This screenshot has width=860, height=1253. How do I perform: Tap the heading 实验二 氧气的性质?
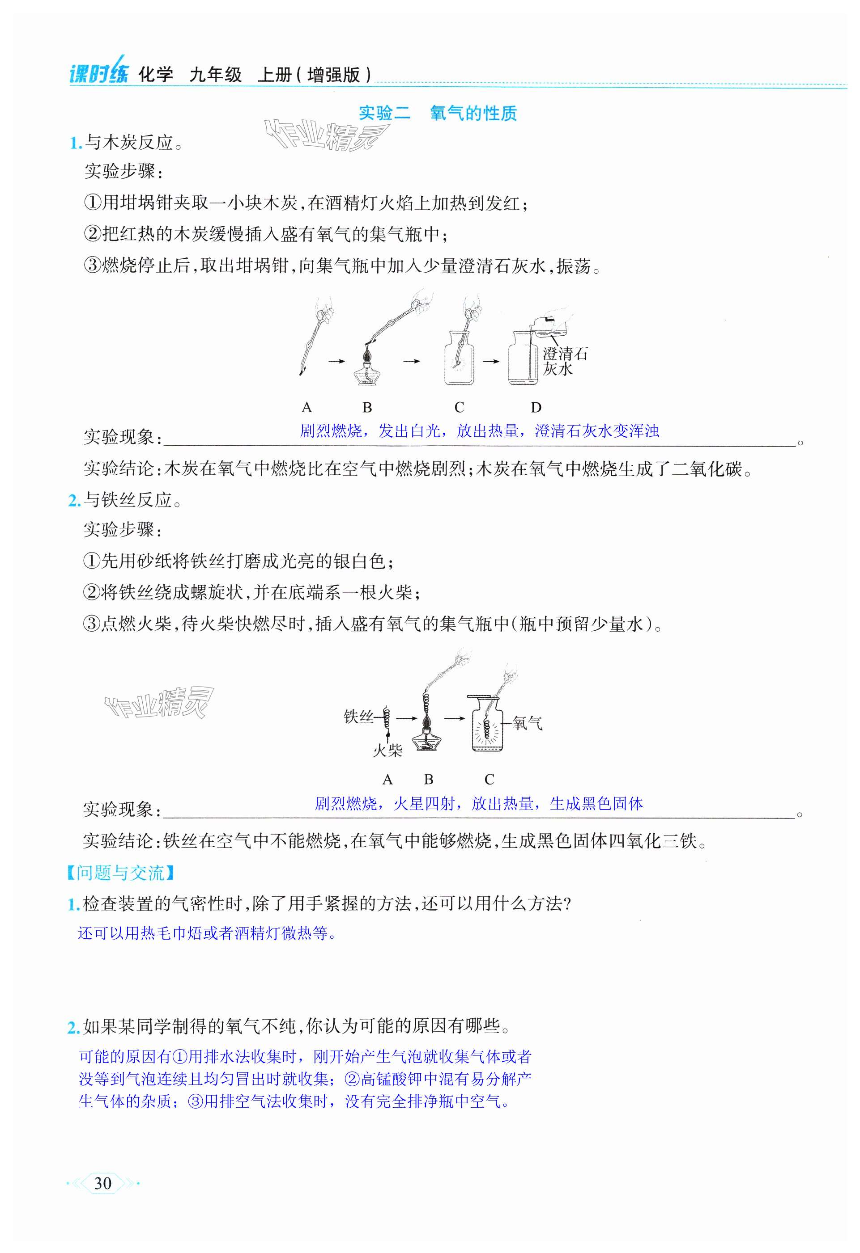(x=438, y=113)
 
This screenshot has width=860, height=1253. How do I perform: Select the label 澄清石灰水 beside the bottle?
(x=564, y=361)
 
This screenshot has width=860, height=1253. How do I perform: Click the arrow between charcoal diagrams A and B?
(x=336, y=361)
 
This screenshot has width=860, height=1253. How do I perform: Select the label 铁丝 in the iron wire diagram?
(x=358, y=717)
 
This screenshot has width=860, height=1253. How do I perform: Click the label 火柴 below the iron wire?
(x=387, y=751)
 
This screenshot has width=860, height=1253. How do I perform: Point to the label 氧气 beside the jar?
(x=528, y=723)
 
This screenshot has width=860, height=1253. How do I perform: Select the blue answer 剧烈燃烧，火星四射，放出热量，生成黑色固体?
(x=479, y=804)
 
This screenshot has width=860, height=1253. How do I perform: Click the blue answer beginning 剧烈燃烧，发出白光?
(x=479, y=431)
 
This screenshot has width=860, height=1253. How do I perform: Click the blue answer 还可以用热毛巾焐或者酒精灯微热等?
(x=208, y=933)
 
